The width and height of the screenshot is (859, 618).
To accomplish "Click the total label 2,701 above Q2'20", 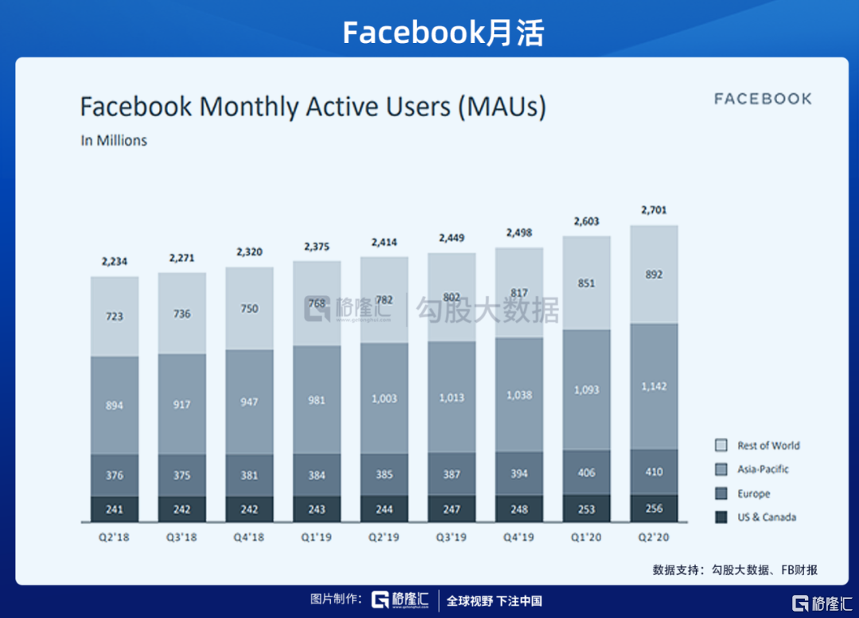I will [x=654, y=211].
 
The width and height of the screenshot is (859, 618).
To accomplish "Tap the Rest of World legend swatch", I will [x=721, y=446].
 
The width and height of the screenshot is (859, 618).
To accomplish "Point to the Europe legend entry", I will [x=752, y=493].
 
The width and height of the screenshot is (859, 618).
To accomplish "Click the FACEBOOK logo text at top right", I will [x=762, y=99].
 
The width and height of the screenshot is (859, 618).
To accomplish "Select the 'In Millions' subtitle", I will [x=114, y=141].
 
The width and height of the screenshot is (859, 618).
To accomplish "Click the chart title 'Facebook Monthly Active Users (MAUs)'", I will [x=313, y=107].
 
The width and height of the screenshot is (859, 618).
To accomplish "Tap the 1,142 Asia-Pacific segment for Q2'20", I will [x=654, y=387].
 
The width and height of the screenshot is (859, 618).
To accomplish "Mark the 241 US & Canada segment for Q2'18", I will [x=115, y=509].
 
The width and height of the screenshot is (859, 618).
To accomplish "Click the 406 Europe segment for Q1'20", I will [x=586, y=472].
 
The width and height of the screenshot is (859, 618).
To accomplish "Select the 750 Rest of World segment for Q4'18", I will [x=249, y=309].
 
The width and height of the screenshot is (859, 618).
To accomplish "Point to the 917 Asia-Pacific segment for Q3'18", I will [x=182, y=404].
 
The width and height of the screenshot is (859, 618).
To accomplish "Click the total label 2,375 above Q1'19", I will [x=317, y=247].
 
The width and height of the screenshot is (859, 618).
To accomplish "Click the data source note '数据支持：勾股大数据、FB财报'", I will [x=735, y=569].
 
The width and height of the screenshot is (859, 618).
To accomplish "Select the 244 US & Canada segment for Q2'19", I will [x=384, y=509].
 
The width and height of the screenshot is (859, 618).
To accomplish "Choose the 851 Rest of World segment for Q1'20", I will [x=586, y=283].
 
